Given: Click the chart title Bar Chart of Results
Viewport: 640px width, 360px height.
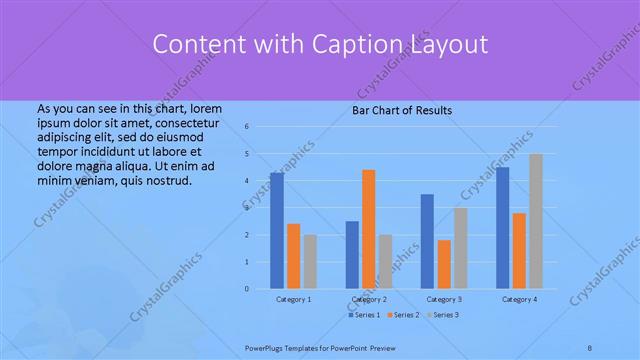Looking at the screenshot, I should [x=401, y=110].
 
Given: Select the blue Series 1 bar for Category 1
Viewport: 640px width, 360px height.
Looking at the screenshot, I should [x=277, y=230].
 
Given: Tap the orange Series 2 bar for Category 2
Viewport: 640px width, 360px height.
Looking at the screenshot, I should [x=368, y=229].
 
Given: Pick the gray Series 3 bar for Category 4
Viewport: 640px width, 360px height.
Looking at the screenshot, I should [x=536, y=221].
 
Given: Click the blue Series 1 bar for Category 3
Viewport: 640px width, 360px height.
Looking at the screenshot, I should [x=427, y=241].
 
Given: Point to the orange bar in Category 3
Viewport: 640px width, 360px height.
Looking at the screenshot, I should [x=444, y=264].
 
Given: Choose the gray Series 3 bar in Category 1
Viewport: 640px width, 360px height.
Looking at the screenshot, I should [x=310, y=261].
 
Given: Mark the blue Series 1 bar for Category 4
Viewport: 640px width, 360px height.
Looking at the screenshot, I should [x=502, y=227].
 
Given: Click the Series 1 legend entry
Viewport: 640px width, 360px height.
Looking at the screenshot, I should [x=364, y=315].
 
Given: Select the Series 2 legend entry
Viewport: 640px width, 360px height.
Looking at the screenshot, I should [x=404, y=315].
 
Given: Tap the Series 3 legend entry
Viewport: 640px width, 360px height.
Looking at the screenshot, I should [x=444, y=315].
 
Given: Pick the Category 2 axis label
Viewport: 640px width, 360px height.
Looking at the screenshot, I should [x=368, y=299].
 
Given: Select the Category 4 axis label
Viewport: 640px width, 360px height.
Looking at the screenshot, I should [x=519, y=299].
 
